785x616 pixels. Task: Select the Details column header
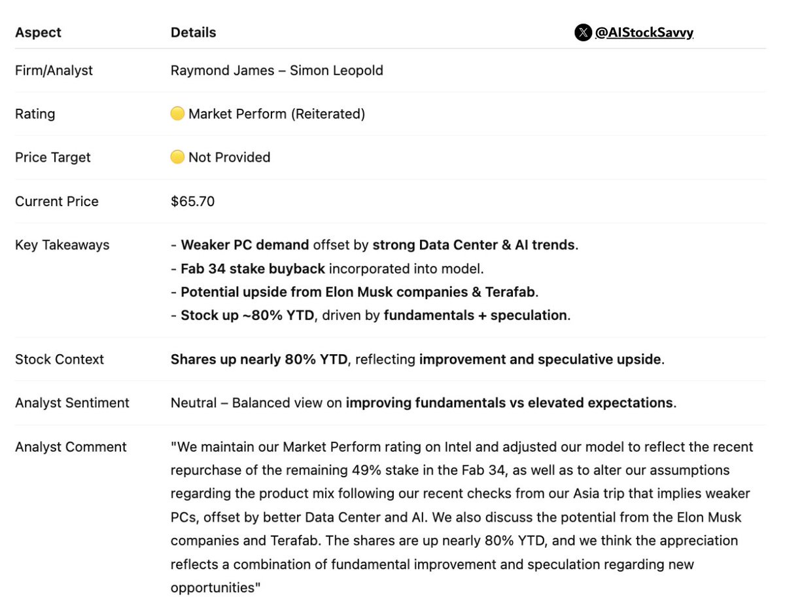pos(193,33)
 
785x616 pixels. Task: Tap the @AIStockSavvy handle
pos(644,33)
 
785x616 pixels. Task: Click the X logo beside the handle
pos(583,33)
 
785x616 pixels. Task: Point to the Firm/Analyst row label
pos(54,70)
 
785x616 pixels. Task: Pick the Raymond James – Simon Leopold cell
pos(277,70)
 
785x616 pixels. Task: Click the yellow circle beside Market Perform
pos(177,114)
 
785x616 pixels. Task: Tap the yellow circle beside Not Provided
pos(177,157)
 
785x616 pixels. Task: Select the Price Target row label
pos(53,157)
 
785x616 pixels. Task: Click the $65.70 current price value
pos(192,201)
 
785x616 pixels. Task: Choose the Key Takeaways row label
pos(62,245)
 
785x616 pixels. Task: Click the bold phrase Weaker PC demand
pos(245,245)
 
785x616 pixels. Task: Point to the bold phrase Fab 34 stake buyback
pos(253,268)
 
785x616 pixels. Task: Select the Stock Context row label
pos(60,359)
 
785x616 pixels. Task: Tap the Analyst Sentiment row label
pos(72,403)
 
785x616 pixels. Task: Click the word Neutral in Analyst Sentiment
pos(193,403)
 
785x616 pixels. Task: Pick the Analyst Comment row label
pos(71,447)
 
